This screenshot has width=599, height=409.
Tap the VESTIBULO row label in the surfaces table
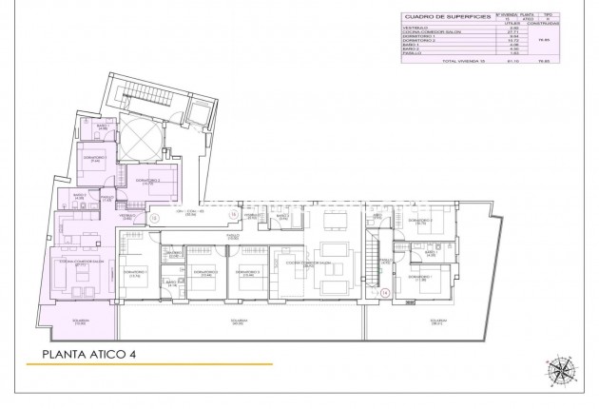tap(415, 29)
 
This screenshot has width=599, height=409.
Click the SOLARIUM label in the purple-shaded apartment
tap(80, 321)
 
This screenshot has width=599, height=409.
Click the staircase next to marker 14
tap(372, 253)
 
